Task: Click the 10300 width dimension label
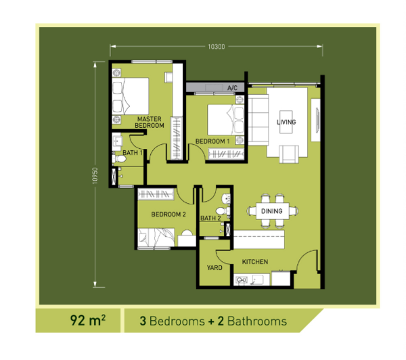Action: (x=217, y=47)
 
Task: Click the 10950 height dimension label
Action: (x=95, y=176)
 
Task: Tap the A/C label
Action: (x=232, y=88)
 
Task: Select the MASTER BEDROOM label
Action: (x=150, y=122)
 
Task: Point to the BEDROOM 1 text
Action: (x=212, y=141)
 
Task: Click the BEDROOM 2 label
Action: (x=168, y=215)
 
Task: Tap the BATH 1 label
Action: (x=133, y=153)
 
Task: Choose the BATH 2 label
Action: (x=210, y=219)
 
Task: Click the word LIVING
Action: (x=286, y=122)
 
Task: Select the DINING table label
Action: (x=271, y=211)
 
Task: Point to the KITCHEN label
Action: (x=255, y=262)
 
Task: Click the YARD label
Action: (x=215, y=268)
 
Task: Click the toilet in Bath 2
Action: (x=223, y=210)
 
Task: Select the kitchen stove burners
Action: (x=242, y=280)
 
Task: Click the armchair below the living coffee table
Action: (x=289, y=154)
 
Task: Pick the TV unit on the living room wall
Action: (x=315, y=120)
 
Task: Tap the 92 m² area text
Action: (x=88, y=320)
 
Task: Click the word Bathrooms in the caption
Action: (x=257, y=321)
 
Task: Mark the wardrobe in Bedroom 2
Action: (x=156, y=194)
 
